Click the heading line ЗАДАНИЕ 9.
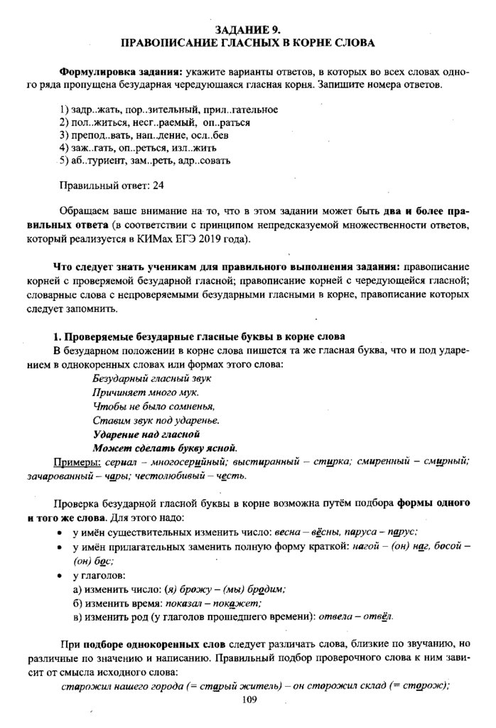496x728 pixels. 248,29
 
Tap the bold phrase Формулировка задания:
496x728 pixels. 121,73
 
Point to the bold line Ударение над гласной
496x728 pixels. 146,433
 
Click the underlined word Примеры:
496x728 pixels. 75,461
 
